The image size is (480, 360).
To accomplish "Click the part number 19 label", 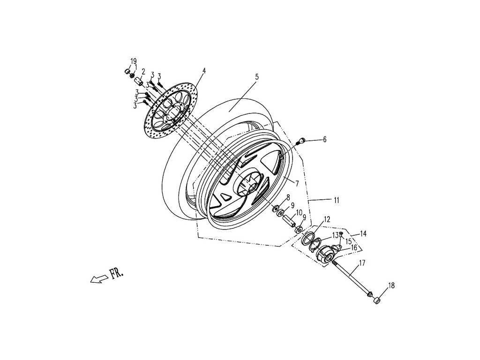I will coord(133,61).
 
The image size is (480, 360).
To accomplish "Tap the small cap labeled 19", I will coord(127,71).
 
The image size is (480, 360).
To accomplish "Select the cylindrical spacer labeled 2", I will coord(139,77).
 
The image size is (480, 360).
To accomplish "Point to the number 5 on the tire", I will coord(256,76).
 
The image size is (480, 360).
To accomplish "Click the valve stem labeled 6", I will coord(302,140).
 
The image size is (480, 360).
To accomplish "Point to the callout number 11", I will coord(337,201).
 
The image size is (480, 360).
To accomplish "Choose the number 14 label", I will coord(363,233).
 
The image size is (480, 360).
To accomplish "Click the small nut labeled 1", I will coord(133,75).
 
